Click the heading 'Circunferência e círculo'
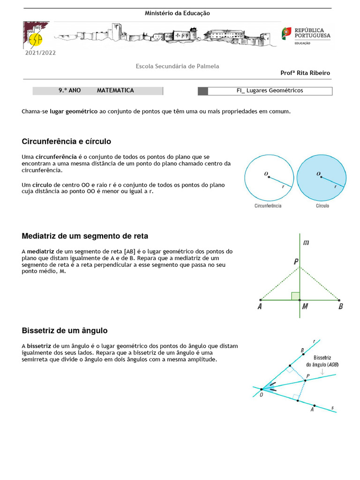[66, 142]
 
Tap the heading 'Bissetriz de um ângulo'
[65, 330]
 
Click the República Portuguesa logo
[306, 36]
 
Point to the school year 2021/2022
[40, 53]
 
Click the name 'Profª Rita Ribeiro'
[305, 73]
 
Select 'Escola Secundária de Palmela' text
[177, 67]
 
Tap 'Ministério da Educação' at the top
[177, 14]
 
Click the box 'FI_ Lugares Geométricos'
[270, 91]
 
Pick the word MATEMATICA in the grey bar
[115, 90]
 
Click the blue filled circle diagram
[322, 178]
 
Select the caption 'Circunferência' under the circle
[268, 206]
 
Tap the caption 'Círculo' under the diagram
[322, 206]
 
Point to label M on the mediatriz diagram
[305, 307]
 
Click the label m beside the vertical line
[306, 242]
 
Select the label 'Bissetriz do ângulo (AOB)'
[322, 360]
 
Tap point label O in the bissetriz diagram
[261, 395]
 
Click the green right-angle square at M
[295, 296]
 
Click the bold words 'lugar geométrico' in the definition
[74, 112]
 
